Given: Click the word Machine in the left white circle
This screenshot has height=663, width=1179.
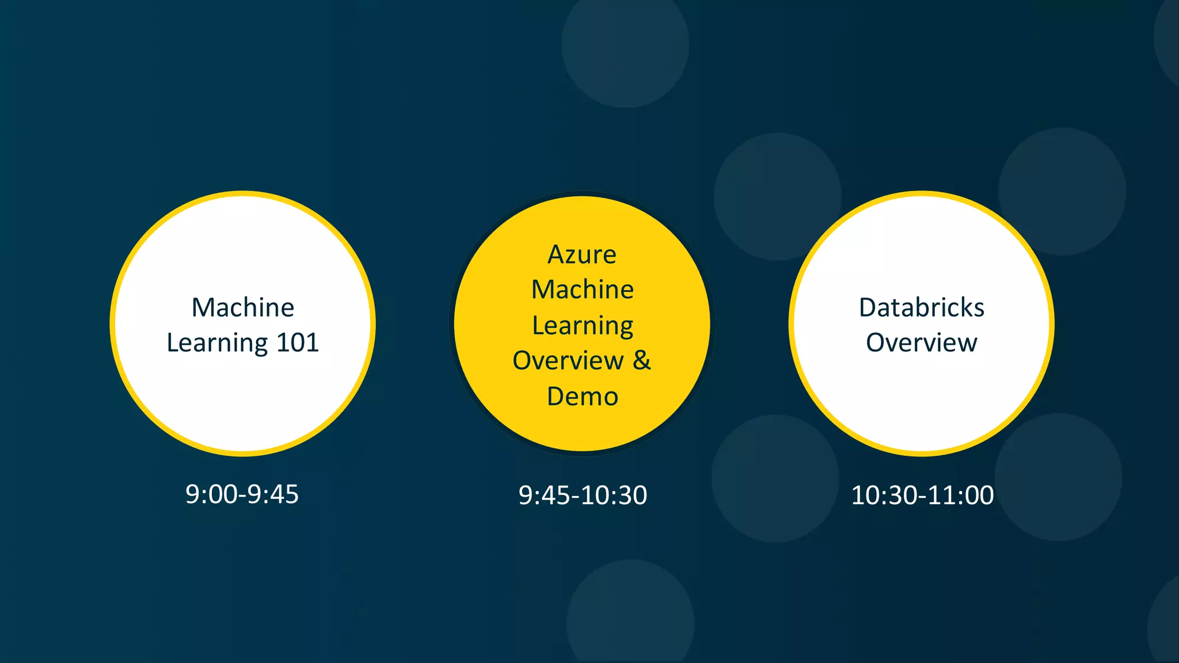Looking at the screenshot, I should point(242,307).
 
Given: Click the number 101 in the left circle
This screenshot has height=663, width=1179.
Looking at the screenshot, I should point(298,343).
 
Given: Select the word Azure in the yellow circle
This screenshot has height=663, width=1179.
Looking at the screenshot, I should point(581,254).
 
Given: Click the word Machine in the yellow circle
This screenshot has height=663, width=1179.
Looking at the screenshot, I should point(582,289).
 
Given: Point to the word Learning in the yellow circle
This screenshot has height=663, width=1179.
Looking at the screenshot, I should point(582,326).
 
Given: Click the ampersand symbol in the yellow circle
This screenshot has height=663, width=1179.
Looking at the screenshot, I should point(642,361).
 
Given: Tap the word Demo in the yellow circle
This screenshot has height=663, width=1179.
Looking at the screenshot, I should point(582,397).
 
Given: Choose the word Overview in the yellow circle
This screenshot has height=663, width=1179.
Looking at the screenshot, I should point(568,361).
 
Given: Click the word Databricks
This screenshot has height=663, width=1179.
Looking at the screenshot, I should point(921,307).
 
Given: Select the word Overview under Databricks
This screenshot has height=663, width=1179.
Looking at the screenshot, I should point(921,343).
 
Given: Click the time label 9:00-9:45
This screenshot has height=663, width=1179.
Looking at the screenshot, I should point(242,494).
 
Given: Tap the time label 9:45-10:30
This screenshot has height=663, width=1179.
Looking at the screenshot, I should point(583,496).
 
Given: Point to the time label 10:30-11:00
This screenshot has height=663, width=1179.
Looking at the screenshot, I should point(922,496).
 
